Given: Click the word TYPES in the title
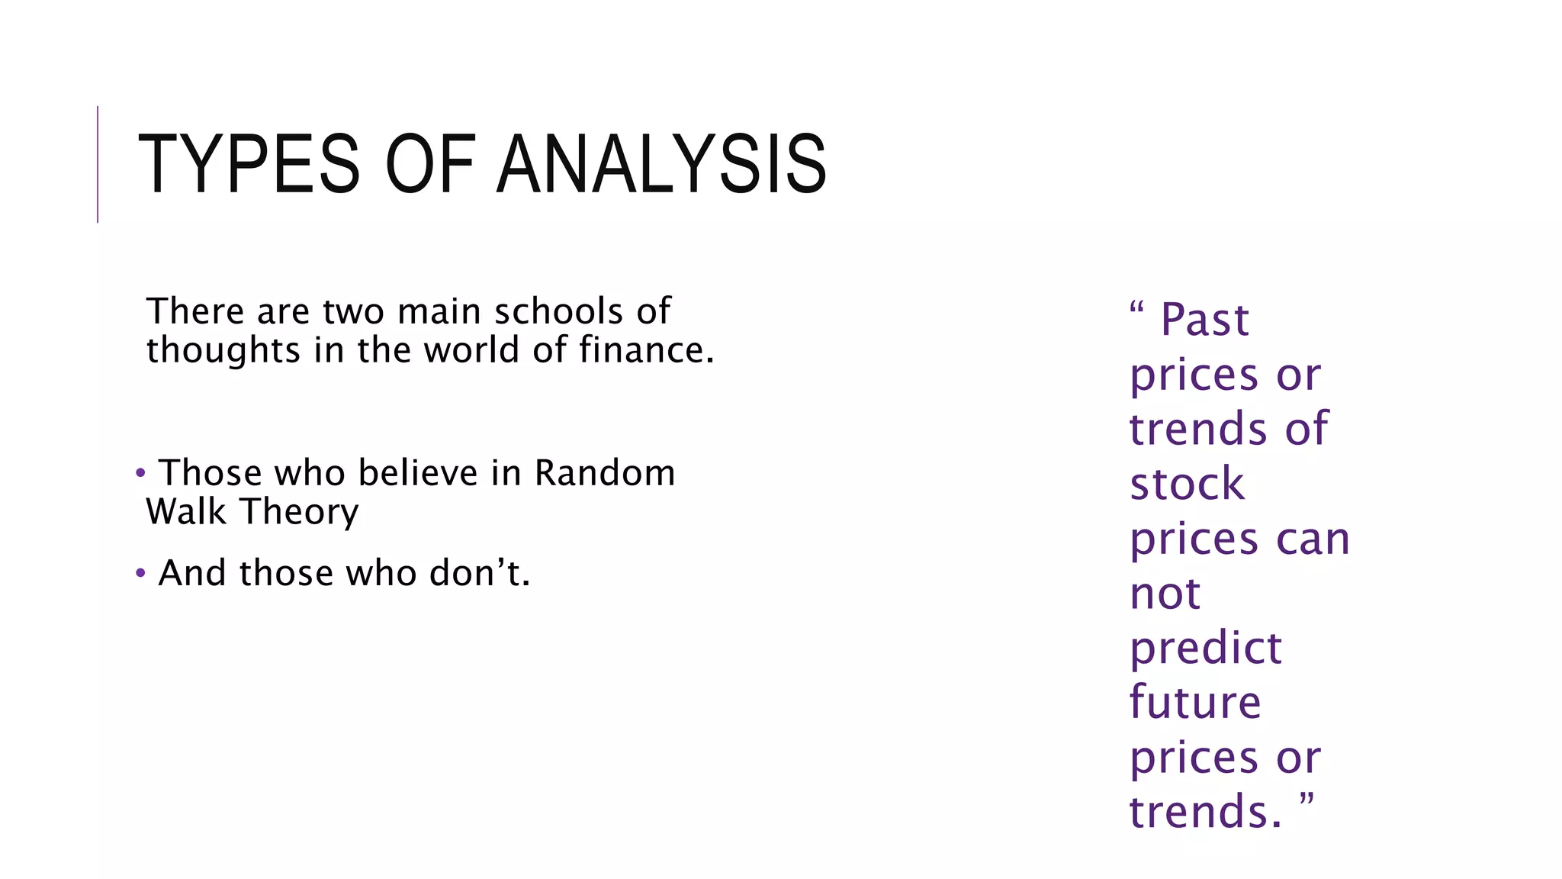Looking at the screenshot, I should [x=249, y=164].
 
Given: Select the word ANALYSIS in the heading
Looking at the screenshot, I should [x=661, y=164].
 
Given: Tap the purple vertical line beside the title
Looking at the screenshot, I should [x=98, y=164].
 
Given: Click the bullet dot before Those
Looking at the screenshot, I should [x=140, y=474].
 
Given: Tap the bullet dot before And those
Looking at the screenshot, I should [x=140, y=573].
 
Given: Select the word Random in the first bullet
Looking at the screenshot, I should [x=604, y=473].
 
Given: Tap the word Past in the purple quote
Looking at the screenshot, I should [x=1204, y=320].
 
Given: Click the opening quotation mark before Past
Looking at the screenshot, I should [x=1136, y=308].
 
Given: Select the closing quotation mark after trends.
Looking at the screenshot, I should [x=1306, y=800].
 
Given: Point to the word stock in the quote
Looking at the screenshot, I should [x=1187, y=485].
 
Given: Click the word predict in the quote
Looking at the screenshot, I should [x=1205, y=649].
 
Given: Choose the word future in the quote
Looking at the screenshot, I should [x=1195, y=703].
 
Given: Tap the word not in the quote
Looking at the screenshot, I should [x=1165, y=594].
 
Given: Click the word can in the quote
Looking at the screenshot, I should [x=1313, y=539].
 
